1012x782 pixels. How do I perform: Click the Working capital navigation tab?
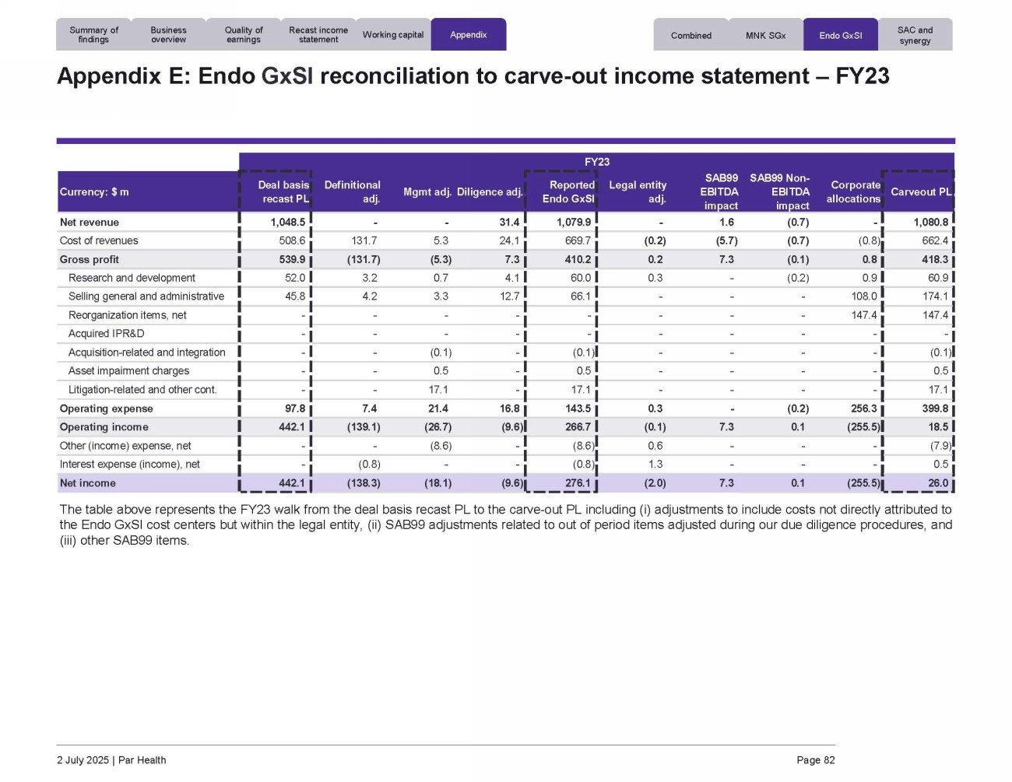click(393, 35)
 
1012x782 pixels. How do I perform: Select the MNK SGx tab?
click(765, 36)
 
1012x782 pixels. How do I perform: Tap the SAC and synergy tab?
click(915, 35)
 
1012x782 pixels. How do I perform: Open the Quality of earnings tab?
click(244, 35)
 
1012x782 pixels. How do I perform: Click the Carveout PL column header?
click(920, 192)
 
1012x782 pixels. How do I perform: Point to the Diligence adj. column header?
click(489, 192)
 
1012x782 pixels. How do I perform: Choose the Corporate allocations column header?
click(854, 192)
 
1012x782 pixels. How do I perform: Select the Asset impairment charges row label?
click(128, 371)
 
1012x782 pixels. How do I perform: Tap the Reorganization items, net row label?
click(127, 315)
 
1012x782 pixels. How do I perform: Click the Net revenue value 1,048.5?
click(287, 223)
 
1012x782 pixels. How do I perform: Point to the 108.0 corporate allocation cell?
click(864, 296)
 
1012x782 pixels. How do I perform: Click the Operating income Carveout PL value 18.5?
click(938, 427)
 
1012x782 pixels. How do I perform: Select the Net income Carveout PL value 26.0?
click(938, 483)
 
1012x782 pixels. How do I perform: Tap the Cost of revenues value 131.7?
click(364, 241)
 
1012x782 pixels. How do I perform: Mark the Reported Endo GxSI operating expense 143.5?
click(578, 409)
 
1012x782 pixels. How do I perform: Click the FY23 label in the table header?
click(597, 162)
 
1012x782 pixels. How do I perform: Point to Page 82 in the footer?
click(815, 760)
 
